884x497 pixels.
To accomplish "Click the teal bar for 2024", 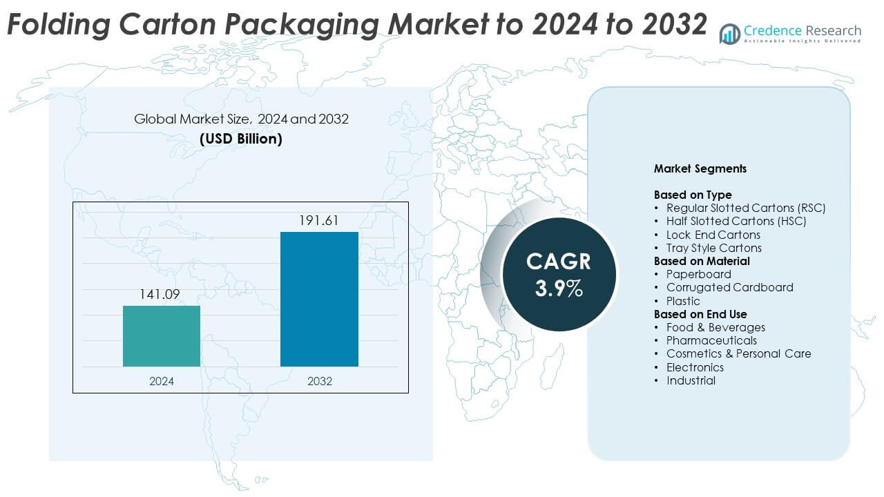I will [x=162, y=336].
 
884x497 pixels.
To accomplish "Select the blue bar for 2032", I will [x=319, y=299].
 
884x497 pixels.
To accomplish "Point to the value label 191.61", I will [x=319, y=221].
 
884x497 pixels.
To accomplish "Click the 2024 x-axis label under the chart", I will [x=162, y=381].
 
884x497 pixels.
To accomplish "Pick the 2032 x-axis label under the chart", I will [x=319, y=381].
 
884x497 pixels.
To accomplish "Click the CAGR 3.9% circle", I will [x=559, y=274].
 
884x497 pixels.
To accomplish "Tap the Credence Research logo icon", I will [x=730, y=33].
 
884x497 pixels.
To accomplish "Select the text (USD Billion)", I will [x=241, y=139].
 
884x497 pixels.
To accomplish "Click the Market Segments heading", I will [x=700, y=168].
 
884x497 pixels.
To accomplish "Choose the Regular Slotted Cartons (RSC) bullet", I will [x=746, y=208].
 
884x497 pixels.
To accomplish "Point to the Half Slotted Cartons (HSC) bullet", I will [x=736, y=221].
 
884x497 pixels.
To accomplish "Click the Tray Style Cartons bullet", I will [x=714, y=248].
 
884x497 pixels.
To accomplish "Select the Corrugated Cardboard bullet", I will [x=729, y=287].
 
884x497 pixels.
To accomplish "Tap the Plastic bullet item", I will [x=683, y=301].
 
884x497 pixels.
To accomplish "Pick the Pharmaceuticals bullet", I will [x=711, y=340].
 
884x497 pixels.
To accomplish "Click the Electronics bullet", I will [x=695, y=367].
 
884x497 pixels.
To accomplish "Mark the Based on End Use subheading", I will [x=700, y=314].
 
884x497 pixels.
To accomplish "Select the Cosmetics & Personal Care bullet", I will [x=738, y=353].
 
